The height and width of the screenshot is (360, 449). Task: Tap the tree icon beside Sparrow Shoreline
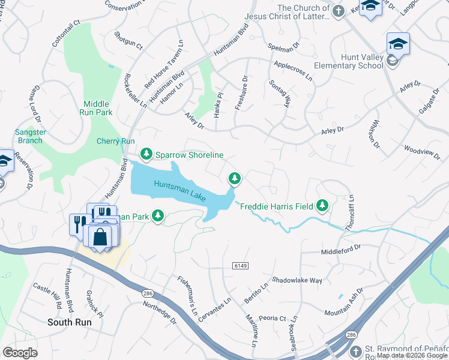point(146,154)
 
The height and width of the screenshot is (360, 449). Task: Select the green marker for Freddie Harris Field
point(323,206)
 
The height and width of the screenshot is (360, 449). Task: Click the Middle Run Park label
point(97,108)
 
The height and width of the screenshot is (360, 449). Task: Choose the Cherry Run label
point(115,142)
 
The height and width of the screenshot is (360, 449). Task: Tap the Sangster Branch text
point(29,136)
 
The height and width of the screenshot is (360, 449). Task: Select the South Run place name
point(68,322)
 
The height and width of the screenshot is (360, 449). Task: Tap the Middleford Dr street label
point(340,247)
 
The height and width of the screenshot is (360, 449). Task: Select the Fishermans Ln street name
point(187,295)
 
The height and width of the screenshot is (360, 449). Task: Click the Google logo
point(20,353)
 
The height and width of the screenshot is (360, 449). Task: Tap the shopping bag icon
point(100,236)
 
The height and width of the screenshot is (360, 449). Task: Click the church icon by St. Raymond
point(356,350)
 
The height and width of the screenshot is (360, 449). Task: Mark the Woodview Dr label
point(421,150)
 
